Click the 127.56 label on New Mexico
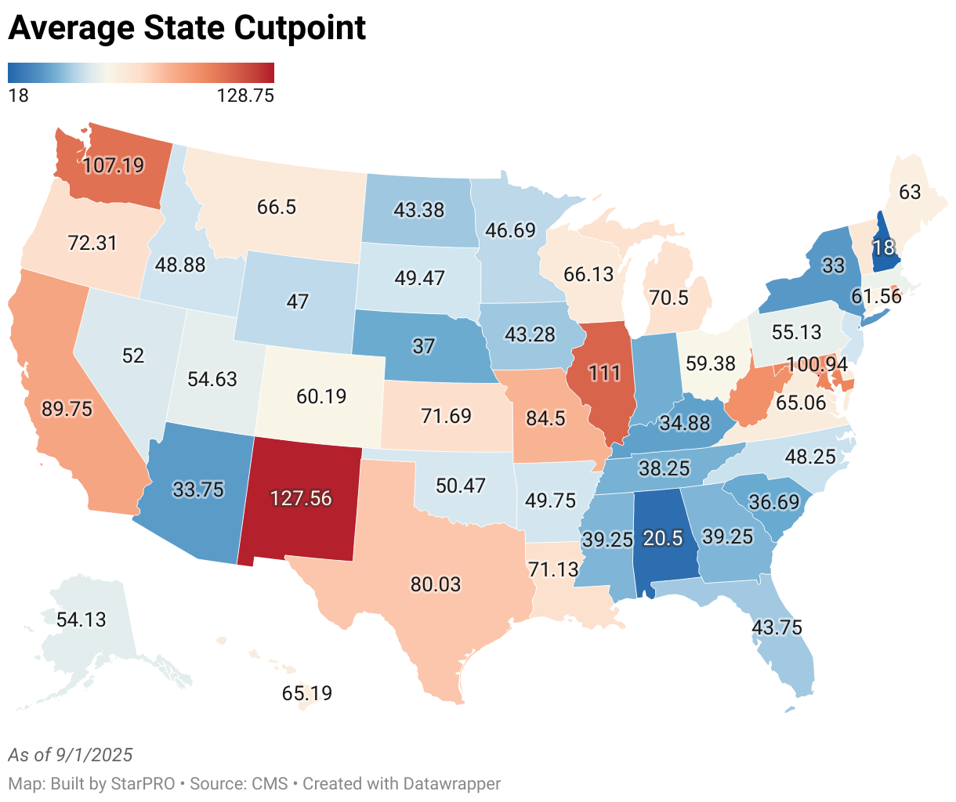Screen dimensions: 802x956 (301, 498)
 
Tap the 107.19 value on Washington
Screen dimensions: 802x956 (114, 165)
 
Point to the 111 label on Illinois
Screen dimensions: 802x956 (605, 373)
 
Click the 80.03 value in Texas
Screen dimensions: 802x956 (436, 584)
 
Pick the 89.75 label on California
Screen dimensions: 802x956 (67, 409)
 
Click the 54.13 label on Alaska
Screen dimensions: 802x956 (81, 620)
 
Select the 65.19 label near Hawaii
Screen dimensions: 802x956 (306, 693)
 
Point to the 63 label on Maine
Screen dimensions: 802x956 (910, 192)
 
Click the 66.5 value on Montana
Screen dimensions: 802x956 (277, 207)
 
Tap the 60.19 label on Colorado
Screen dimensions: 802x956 (321, 396)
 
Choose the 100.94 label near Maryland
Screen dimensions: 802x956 (817, 364)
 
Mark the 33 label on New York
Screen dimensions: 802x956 (833, 266)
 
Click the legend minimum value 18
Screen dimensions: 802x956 (18, 96)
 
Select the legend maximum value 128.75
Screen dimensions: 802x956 (244, 96)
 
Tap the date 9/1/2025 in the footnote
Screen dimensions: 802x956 (94, 755)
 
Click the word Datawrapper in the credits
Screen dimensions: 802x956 (451, 783)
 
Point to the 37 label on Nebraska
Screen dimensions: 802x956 (423, 345)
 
